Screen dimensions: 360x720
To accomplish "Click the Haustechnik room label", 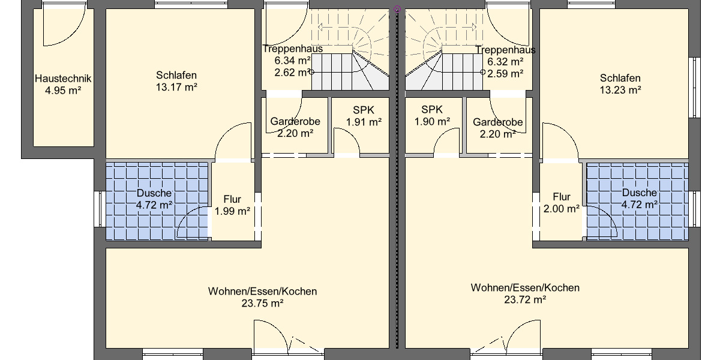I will pyautogui.click(x=62, y=79).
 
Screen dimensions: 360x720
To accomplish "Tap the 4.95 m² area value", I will pyautogui.click(x=62, y=91).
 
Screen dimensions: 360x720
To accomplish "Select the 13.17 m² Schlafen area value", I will pyautogui.click(x=176, y=88).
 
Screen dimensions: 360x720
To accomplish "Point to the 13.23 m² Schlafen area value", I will pyautogui.click(x=620, y=90).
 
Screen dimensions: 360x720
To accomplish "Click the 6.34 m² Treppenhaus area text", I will pyautogui.click(x=292, y=61).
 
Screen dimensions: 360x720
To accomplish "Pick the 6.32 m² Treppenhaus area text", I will pyautogui.click(x=505, y=61).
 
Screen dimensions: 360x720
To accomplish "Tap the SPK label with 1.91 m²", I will pyautogui.click(x=364, y=110).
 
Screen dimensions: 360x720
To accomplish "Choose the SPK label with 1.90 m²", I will pyautogui.click(x=432, y=109).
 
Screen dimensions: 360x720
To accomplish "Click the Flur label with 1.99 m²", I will pyautogui.click(x=232, y=199).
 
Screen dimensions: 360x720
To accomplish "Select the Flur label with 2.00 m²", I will pyautogui.click(x=562, y=197).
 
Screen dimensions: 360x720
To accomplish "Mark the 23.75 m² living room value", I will pyautogui.click(x=262, y=304).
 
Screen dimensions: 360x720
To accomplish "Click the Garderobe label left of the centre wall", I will pyautogui.click(x=295, y=121).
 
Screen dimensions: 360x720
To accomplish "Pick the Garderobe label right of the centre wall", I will pyautogui.click(x=497, y=122).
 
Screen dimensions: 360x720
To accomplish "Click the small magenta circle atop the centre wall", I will pyautogui.click(x=397, y=10).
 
